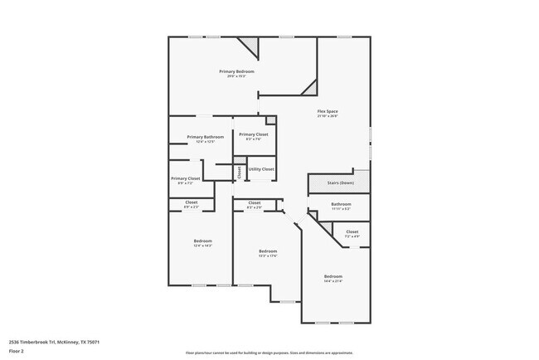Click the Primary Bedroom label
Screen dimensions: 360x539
236,71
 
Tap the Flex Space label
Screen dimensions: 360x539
328,111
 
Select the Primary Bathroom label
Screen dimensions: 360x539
205,137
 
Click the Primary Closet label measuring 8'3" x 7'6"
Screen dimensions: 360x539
253,134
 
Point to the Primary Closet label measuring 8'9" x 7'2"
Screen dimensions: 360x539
186,178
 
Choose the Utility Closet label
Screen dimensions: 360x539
261,169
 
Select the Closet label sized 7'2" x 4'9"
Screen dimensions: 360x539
352,232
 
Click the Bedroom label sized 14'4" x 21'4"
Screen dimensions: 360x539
333,276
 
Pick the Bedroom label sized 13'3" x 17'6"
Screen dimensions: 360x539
267,251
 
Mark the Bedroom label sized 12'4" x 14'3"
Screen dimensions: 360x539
202,241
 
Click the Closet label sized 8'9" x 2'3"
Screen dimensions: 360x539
191,202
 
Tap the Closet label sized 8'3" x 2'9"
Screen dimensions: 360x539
254,202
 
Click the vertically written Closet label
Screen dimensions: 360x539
240,173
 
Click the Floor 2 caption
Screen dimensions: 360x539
16,350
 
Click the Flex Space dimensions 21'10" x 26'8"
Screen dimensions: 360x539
328,116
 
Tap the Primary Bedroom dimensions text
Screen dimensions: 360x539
236,76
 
